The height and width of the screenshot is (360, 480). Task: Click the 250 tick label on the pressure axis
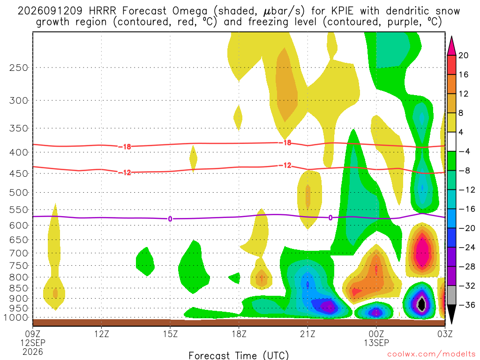pyautogui.click(x=19, y=67)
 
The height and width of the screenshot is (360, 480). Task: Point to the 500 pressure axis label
pyautogui.click(x=19, y=193)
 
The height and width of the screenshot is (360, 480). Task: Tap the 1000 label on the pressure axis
pyautogui.click(x=16, y=318)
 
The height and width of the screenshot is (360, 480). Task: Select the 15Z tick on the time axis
pyautogui.click(x=170, y=334)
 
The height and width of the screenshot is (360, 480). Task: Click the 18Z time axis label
pyautogui.click(x=239, y=334)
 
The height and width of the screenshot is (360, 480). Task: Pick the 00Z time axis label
pyautogui.click(x=376, y=334)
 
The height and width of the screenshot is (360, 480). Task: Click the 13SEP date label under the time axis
pyautogui.click(x=376, y=343)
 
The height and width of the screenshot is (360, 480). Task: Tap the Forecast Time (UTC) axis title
pyautogui.click(x=239, y=355)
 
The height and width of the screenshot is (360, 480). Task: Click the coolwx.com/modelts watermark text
pyautogui.click(x=431, y=354)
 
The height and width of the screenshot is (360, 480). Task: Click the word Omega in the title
pyautogui.click(x=190, y=12)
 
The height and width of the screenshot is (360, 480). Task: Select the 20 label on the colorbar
pyautogui.click(x=463, y=55)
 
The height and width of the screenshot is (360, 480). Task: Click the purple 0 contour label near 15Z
pyautogui.click(x=170, y=219)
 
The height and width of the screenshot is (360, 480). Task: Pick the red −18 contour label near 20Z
pyautogui.click(x=285, y=142)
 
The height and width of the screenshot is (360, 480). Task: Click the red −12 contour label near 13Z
pyautogui.click(x=125, y=172)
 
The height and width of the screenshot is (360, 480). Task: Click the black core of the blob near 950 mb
pyautogui.click(x=422, y=304)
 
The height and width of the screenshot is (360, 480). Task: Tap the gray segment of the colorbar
pyautogui.click(x=451, y=295)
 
